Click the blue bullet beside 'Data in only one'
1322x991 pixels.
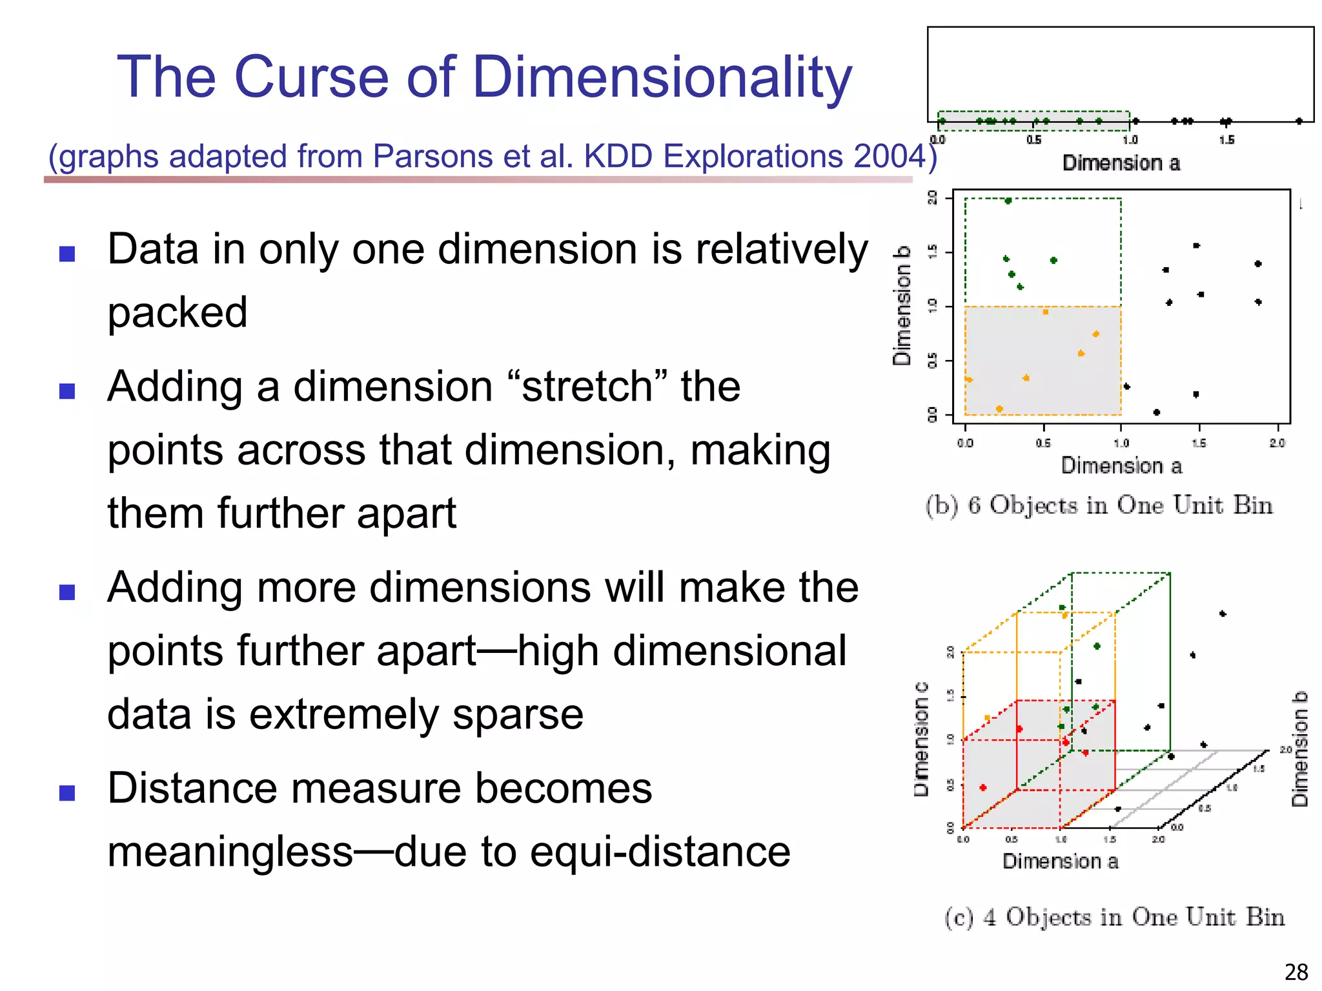pos(67,254)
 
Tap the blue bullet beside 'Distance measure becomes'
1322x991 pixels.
pos(67,793)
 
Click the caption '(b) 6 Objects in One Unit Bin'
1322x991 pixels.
pos(1099,505)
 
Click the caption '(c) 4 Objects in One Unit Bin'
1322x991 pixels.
pos(1114,917)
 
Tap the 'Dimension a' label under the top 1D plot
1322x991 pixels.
pos(1121,163)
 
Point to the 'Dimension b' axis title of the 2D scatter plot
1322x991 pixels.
pos(902,305)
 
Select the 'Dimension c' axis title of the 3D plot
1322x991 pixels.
pos(921,739)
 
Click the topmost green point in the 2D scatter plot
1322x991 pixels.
pos(1008,201)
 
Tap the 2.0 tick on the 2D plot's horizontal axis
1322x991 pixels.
pos(1277,443)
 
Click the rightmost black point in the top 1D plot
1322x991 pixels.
pos(1299,121)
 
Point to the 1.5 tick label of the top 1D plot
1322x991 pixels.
pos(1226,140)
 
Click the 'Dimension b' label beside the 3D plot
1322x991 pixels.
pos(1299,749)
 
